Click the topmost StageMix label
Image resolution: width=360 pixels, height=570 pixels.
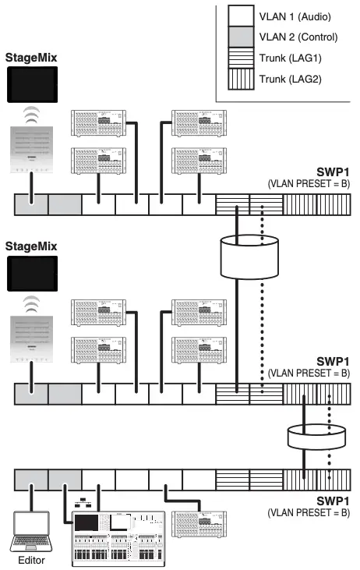[x=31, y=57]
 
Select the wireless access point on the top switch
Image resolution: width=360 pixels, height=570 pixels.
[x=31, y=149]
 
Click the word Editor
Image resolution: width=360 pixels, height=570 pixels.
[x=31, y=559]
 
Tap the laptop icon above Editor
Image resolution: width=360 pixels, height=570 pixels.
[x=30, y=530]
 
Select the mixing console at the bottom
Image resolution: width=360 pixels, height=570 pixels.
[x=117, y=538]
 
